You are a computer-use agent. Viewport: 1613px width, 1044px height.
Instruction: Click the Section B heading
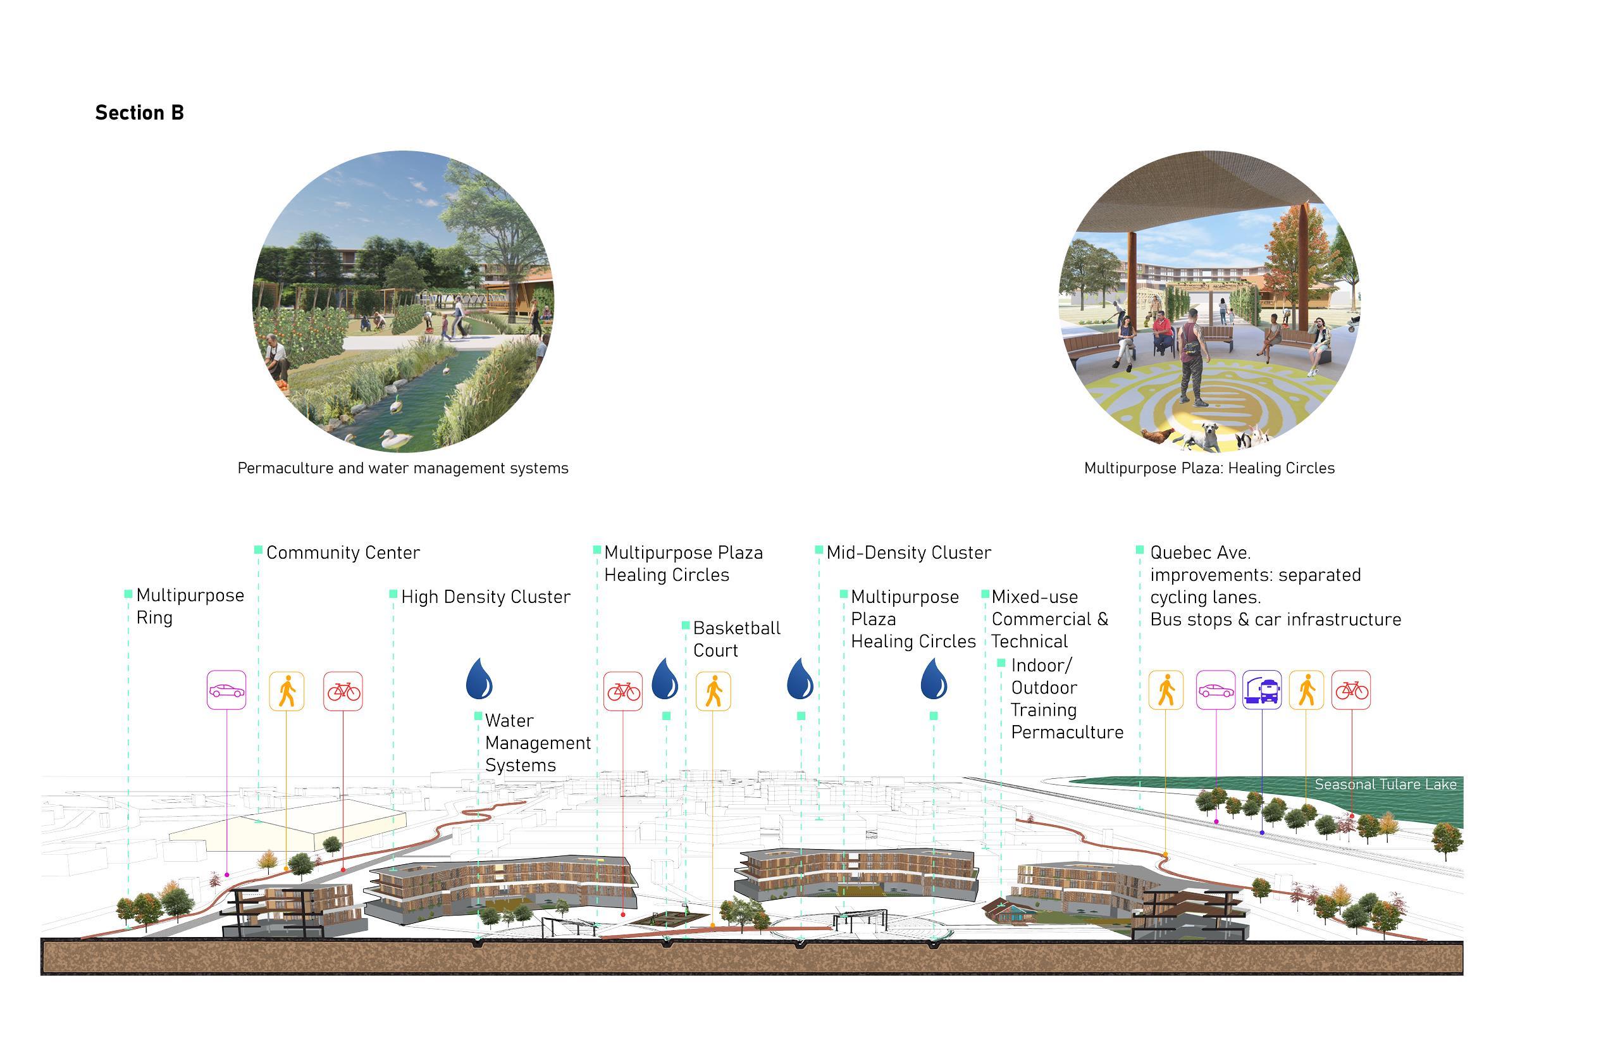point(140,113)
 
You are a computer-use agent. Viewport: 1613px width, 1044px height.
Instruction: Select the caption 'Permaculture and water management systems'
point(402,468)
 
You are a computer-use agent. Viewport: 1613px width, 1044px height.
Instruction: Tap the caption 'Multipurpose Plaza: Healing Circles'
point(1209,468)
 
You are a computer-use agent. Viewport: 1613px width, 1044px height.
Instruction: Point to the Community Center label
point(342,552)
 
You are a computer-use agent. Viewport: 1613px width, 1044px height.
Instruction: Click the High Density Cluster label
point(485,597)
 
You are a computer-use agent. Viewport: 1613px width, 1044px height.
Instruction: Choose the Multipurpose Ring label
point(189,606)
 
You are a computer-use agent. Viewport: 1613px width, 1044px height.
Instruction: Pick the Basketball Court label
point(736,638)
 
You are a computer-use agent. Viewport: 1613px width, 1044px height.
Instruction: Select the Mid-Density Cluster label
point(908,552)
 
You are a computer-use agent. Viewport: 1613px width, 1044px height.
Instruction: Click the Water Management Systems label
point(538,742)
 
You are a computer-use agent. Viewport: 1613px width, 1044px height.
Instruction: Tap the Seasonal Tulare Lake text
point(1385,785)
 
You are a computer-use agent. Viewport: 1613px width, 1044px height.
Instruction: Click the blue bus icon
point(1261,690)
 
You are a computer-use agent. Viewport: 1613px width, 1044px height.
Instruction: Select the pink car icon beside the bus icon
point(1215,690)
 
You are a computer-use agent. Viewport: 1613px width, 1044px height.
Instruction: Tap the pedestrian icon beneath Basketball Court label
point(713,692)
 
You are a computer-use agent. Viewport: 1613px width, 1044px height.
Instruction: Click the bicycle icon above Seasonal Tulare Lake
point(1350,690)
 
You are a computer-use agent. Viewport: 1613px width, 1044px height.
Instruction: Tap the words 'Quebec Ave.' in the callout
point(1199,552)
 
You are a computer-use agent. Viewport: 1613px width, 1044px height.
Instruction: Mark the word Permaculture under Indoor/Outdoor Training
point(1066,732)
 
